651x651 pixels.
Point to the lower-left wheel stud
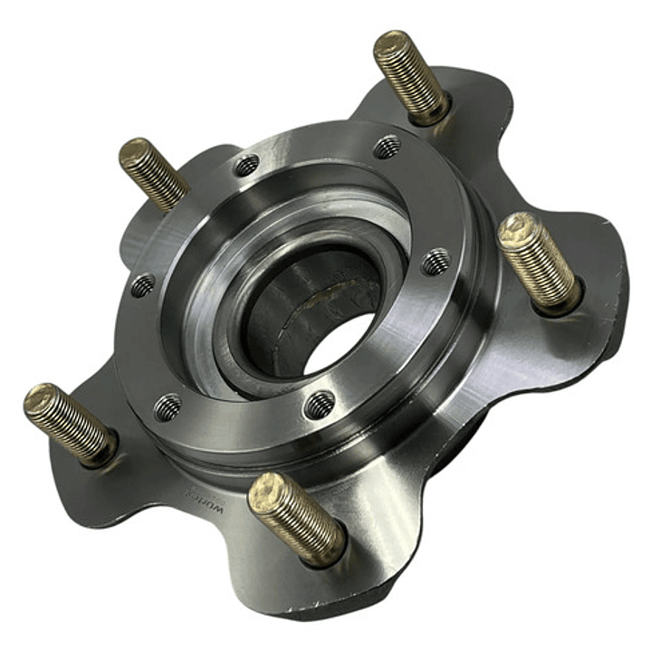pyautogui.click(x=70, y=422)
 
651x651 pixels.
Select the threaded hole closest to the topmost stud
pyautogui.click(x=388, y=147)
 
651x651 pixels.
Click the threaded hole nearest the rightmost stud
pyautogui.click(x=436, y=263)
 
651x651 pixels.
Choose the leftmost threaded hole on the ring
pyautogui.click(x=142, y=286)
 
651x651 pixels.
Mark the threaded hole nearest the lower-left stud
pyautogui.click(x=168, y=407)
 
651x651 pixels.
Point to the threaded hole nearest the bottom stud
pyautogui.click(x=319, y=404)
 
